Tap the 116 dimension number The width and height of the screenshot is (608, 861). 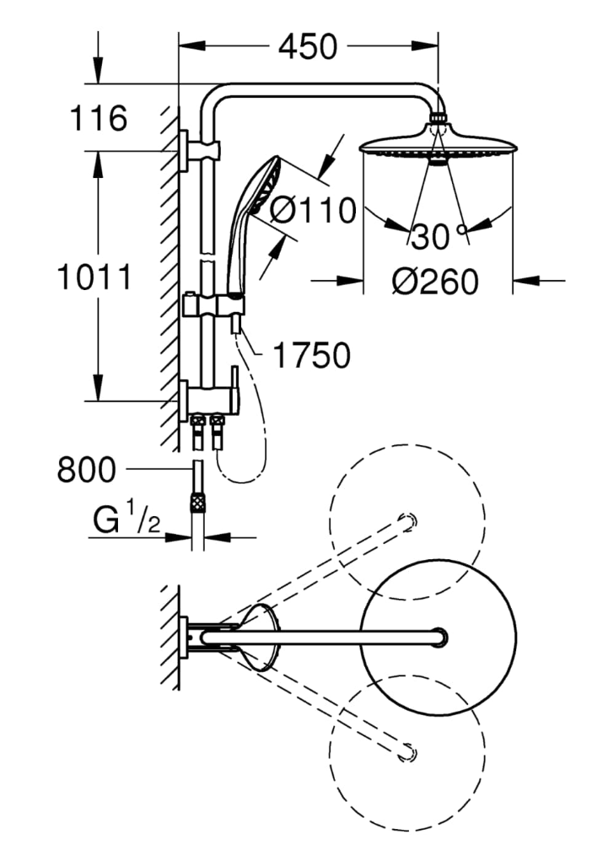pos(99,117)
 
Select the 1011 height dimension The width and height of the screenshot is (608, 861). pos(94,277)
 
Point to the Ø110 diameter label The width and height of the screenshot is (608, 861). pos(314,210)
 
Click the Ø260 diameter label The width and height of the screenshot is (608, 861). pos(435,282)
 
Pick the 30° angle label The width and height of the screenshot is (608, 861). pos(439,237)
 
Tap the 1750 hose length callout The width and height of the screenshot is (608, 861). pos(311,355)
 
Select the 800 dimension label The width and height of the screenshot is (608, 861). pos(87,470)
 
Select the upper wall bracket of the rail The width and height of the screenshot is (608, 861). pos(199,150)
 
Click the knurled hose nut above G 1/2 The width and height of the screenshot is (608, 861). pos(197,503)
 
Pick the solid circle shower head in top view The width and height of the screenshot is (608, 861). pos(438,638)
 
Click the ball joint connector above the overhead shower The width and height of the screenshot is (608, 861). pos(438,116)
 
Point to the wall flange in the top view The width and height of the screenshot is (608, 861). pos(184,637)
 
